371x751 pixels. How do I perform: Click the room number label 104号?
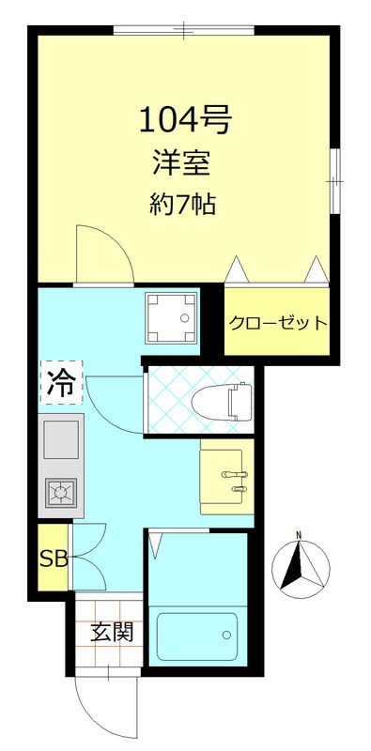click(184, 119)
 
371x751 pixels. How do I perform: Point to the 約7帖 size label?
click(183, 203)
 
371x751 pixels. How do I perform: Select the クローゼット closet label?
click(278, 324)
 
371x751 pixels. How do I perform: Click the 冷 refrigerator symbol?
click(60, 382)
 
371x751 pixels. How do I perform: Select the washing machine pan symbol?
click(172, 320)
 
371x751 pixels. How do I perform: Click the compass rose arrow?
click(300, 568)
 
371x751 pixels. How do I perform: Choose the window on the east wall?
click(334, 178)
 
